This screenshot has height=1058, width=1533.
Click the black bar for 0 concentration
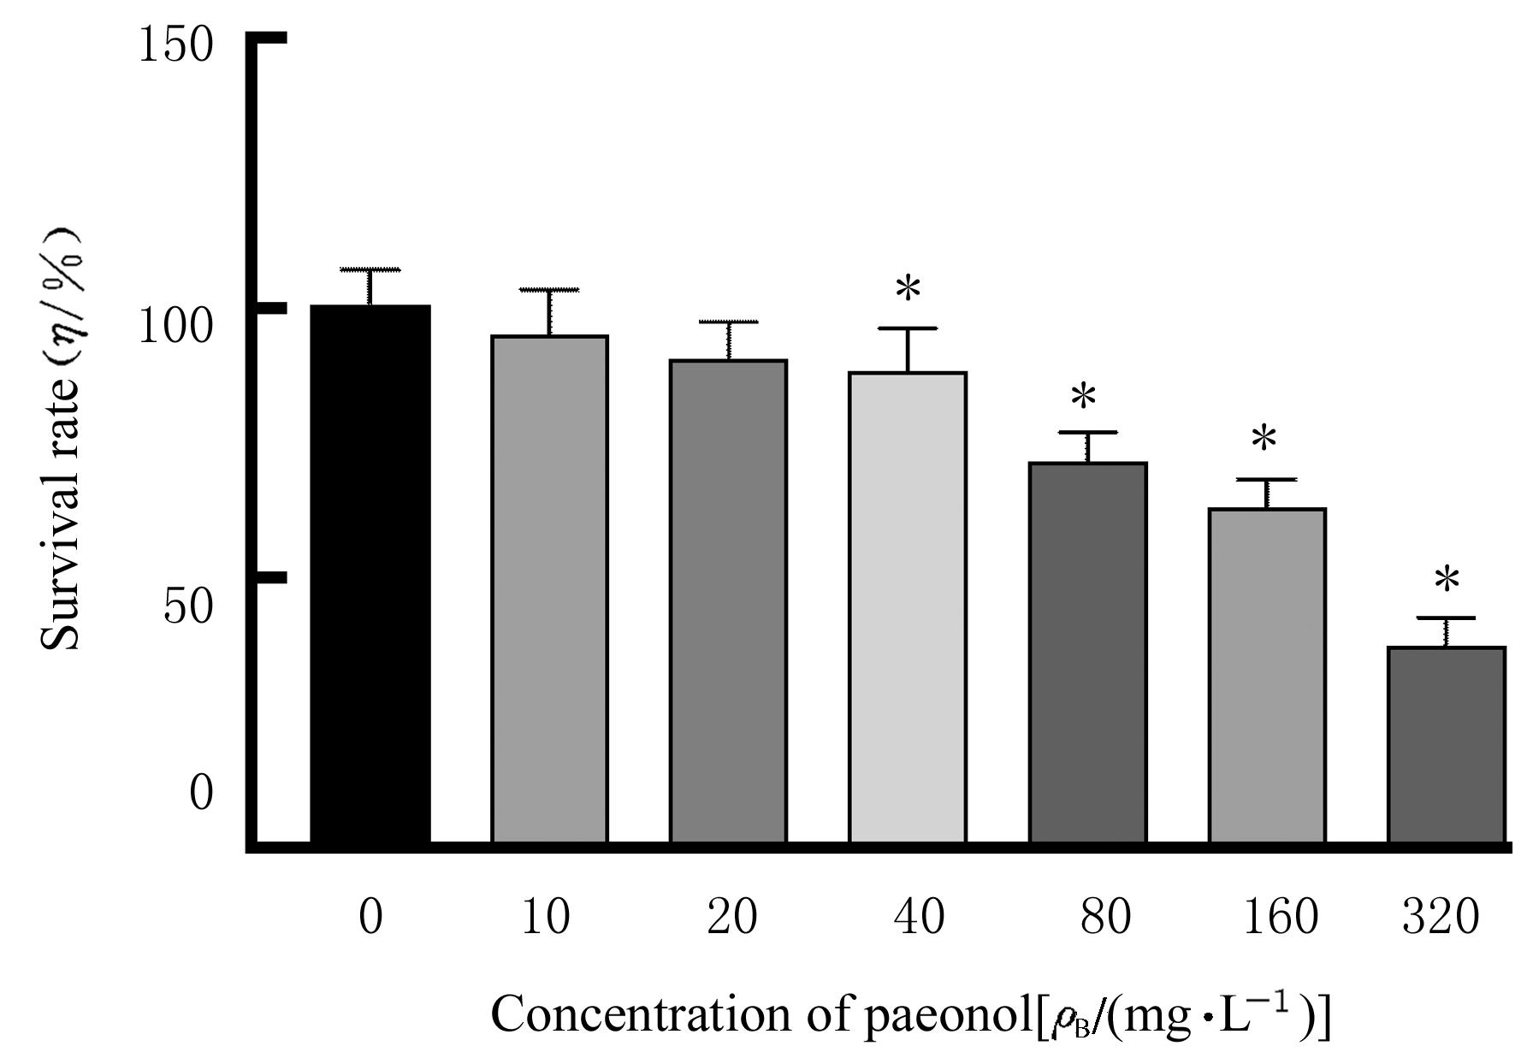pos(370,573)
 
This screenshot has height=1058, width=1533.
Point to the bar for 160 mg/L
pos(1267,676)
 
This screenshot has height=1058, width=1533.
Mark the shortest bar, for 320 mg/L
pos(1446,745)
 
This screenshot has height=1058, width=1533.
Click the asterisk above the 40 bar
pos(908,290)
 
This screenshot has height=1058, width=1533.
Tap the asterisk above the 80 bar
pos(1083,397)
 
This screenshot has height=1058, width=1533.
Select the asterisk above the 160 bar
pos(1264,440)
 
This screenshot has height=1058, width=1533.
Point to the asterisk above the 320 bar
pos(1447,582)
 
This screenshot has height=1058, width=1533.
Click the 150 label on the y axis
pos(175,44)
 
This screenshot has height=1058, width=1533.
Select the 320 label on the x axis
pos(1441,917)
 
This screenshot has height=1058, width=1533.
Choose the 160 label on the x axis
pos(1280,917)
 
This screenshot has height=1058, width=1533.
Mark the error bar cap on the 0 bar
pos(370,270)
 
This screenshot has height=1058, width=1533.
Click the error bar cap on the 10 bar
pos(549,291)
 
